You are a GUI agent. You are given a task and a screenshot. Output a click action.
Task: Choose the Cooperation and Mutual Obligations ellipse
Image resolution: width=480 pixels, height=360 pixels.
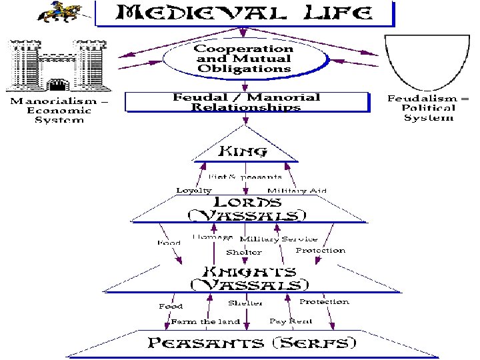click(x=243, y=59)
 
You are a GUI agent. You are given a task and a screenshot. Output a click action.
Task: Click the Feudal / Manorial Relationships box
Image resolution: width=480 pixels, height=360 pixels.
click(x=246, y=102)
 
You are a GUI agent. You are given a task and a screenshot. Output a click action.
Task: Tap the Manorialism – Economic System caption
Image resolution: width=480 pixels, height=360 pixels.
click(x=57, y=110)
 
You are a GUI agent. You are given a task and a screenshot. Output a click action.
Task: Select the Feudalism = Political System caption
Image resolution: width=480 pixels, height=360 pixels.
click(x=429, y=108)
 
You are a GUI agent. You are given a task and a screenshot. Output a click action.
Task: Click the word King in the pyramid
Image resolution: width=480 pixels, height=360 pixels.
click(x=243, y=151)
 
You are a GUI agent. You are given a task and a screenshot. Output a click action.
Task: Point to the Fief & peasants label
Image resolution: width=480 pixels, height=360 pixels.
click(x=245, y=177)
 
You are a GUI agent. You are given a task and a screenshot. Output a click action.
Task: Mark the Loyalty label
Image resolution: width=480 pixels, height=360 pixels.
click(x=194, y=191)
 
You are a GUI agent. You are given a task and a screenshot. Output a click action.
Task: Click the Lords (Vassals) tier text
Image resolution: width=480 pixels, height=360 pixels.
click(x=246, y=209)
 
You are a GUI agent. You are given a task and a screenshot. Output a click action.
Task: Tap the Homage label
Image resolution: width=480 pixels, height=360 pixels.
click(x=212, y=237)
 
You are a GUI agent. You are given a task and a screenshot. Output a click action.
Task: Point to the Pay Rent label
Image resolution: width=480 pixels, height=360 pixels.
click(x=291, y=321)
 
